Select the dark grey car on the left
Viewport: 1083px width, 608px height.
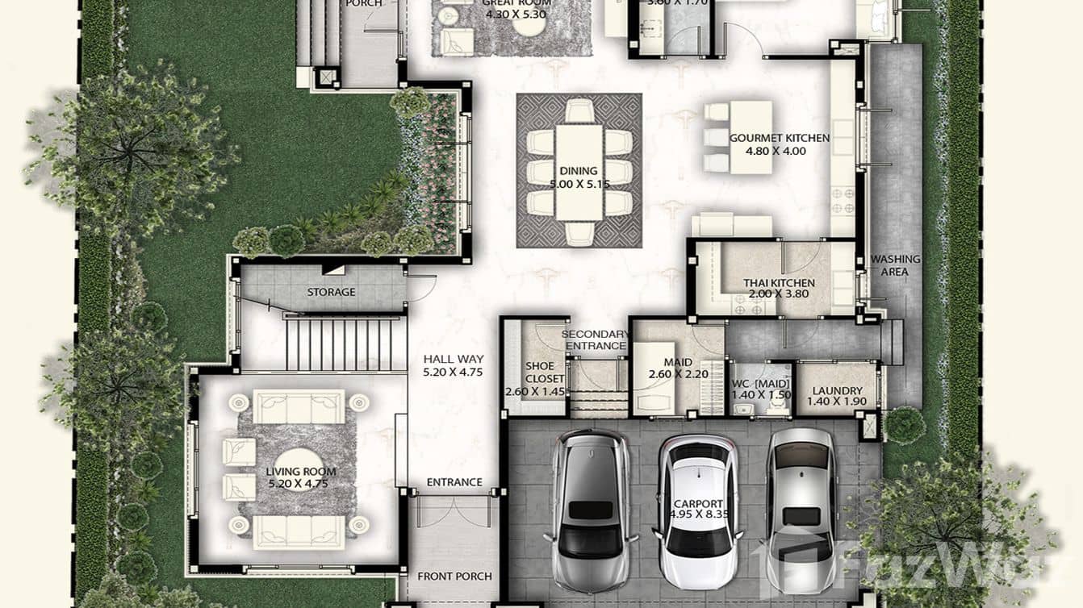click(591, 499)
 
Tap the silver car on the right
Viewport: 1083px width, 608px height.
click(801, 499)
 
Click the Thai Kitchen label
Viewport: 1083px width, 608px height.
click(779, 283)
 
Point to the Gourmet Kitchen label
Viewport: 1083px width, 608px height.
click(779, 138)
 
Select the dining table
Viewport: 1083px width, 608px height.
click(579, 171)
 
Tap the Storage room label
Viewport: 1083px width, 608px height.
click(331, 292)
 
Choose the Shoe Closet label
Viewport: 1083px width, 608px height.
click(539, 373)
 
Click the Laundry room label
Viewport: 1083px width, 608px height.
click(838, 391)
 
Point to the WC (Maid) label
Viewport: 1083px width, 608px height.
click(762, 384)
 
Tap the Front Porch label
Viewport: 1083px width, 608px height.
click(454, 577)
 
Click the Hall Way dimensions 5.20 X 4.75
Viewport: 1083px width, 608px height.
click(453, 373)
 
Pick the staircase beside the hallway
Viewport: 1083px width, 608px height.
click(345, 344)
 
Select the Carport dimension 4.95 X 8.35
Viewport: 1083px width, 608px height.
click(698, 514)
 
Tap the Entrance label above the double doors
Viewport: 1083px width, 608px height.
click(454, 482)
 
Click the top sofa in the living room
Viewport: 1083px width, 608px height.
click(299, 406)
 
